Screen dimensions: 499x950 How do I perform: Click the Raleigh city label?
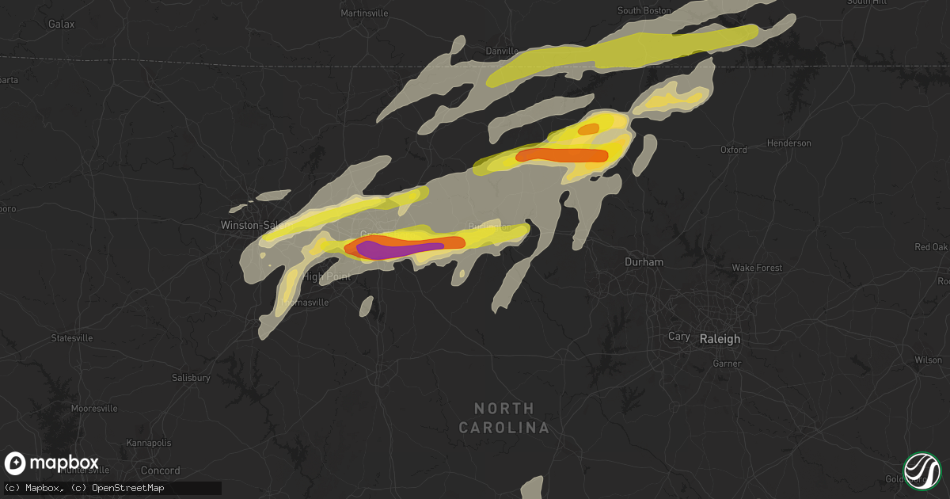coord(720,338)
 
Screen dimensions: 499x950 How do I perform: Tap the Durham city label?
coord(644,261)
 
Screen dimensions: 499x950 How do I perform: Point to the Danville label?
coord(501,51)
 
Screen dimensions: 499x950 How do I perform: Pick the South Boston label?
coord(644,10)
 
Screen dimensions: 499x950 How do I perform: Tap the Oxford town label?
coord(733,149)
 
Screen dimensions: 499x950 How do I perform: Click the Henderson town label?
coord(789,143)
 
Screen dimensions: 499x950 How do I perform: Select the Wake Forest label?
coord(757,268)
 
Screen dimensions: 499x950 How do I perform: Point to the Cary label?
coord(678,337)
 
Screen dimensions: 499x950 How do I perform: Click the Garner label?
coord(727,364)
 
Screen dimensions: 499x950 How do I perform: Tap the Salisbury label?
coord(191,378)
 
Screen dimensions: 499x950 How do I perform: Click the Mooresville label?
coord(94,409)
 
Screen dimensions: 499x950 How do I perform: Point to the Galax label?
coord(61,24)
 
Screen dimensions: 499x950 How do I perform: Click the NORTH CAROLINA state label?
coord(503,417)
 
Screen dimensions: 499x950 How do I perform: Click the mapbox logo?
coord(52,463)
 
